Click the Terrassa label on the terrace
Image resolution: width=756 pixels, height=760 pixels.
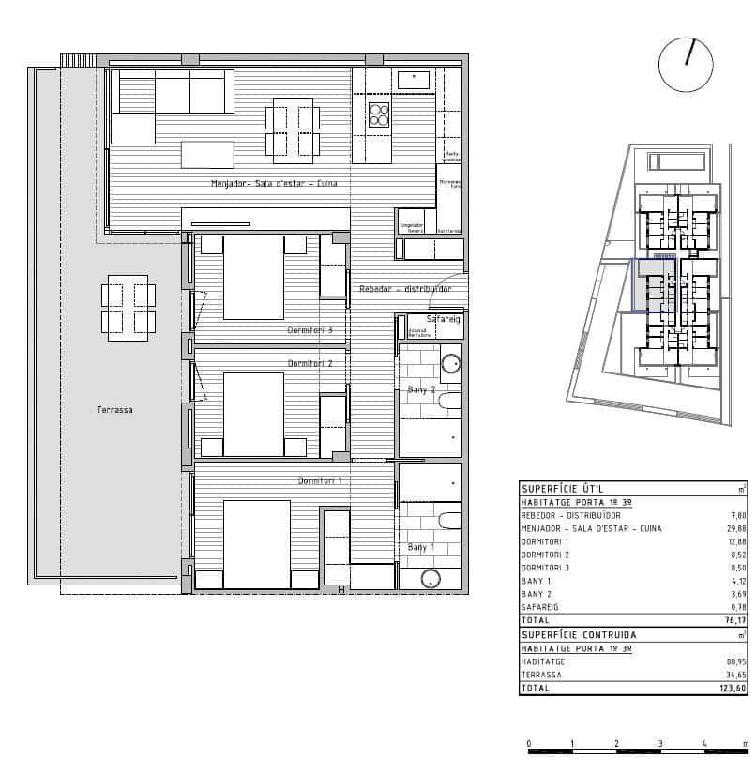[113, 410]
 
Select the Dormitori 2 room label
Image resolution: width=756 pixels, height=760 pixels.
[310, 363]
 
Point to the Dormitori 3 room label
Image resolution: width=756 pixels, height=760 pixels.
[310, 330]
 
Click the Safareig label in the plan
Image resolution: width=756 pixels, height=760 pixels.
[443, 320]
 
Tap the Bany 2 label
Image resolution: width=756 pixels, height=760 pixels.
[421, 389]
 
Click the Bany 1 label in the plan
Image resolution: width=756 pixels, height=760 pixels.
[421, 547]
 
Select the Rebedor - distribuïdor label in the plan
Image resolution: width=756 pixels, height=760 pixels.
[405, 289]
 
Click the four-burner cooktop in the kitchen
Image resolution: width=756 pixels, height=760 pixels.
[379, 114]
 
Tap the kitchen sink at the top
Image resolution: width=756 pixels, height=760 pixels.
[414, 80]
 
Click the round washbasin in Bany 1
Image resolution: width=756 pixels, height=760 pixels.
[431, 580]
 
